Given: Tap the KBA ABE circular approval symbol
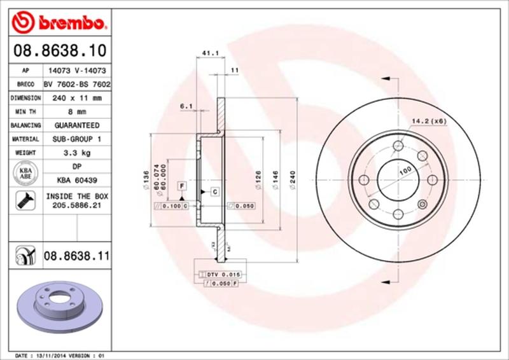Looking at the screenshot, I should pyautogui.click(x=24, y=174).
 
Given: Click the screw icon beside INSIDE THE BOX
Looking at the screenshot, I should pyautogui.click(x=24, y=201).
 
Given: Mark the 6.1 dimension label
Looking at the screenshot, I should pyautogui.click(x=186, y=106).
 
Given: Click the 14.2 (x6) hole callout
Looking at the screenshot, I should pyautogui.click(x=429, y=120).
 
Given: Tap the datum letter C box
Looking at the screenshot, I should pyautogui.click(x=214, y=191).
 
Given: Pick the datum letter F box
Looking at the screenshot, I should pyautogui.click(x=182, y=186).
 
